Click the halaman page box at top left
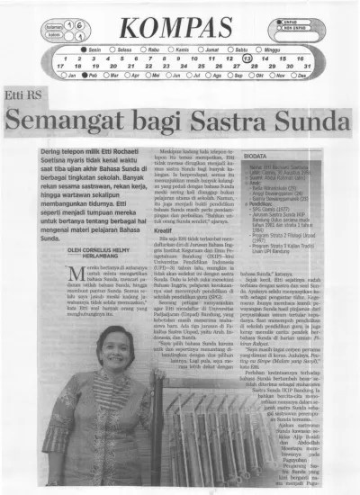tap(58, 28)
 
